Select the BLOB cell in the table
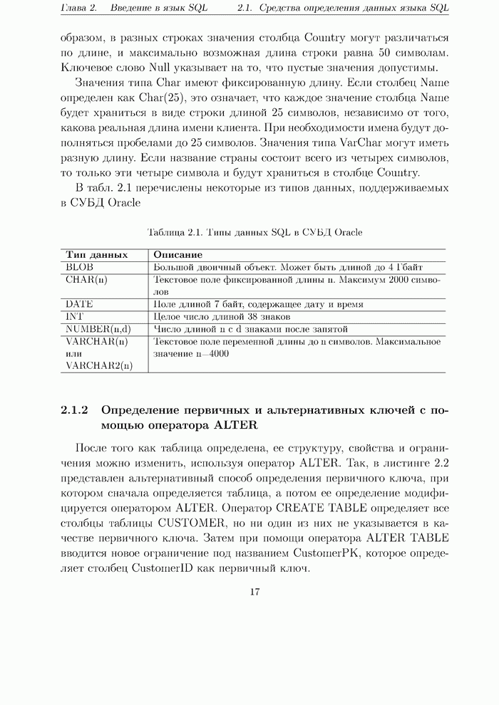pos(79,267)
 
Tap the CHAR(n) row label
pos(86,280)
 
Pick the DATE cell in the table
pos(80,304)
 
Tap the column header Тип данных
pos(97,254)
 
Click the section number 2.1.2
pos(74,410)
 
